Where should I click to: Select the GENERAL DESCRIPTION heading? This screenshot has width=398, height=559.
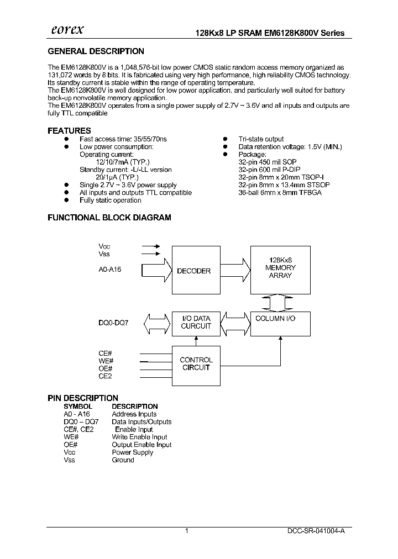pos(96,51)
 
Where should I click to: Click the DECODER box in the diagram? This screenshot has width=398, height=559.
pos(193,271)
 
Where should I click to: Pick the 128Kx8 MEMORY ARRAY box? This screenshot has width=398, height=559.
pos(280,268)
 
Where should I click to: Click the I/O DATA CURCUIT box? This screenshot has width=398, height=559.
pos(196,323)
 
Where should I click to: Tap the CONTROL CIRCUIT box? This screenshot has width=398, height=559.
pos(196,363)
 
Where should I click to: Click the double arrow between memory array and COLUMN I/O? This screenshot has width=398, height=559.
pos(280,302)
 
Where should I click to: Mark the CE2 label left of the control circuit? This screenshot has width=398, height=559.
pos(106,377)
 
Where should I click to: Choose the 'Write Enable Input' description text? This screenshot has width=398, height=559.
pos(139,437)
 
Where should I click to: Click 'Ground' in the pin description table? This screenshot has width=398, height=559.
pos(123,460)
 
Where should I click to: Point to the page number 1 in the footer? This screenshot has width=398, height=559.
pos(187,530)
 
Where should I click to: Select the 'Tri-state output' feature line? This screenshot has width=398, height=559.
pos(261,139)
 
